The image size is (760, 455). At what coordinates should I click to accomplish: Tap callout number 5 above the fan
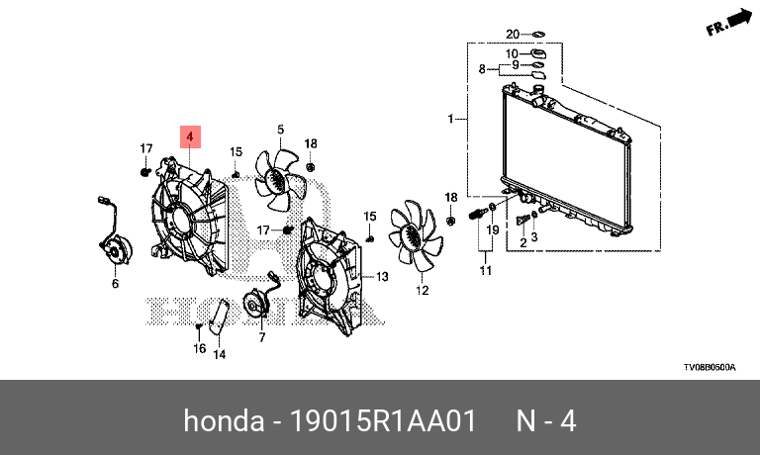(280, 130)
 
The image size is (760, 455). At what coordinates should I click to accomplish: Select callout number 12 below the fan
(422, 291)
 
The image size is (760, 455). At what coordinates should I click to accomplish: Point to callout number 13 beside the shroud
(383, 278)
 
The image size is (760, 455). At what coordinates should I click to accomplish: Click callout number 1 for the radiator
(450, 120)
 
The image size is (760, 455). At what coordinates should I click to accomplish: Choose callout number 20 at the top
(513, 34)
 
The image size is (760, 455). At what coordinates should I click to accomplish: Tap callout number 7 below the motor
(262, 337)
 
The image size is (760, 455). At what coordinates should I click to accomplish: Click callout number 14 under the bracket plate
(220, 354)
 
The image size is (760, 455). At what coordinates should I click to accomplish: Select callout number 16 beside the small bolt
(199, 348)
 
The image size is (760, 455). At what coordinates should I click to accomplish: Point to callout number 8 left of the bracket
(483, 69)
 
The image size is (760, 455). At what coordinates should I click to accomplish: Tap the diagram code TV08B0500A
(709, 367)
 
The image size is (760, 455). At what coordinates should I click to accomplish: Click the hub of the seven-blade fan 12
(409, 236)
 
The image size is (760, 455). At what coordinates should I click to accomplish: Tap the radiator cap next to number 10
(539, 52)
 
